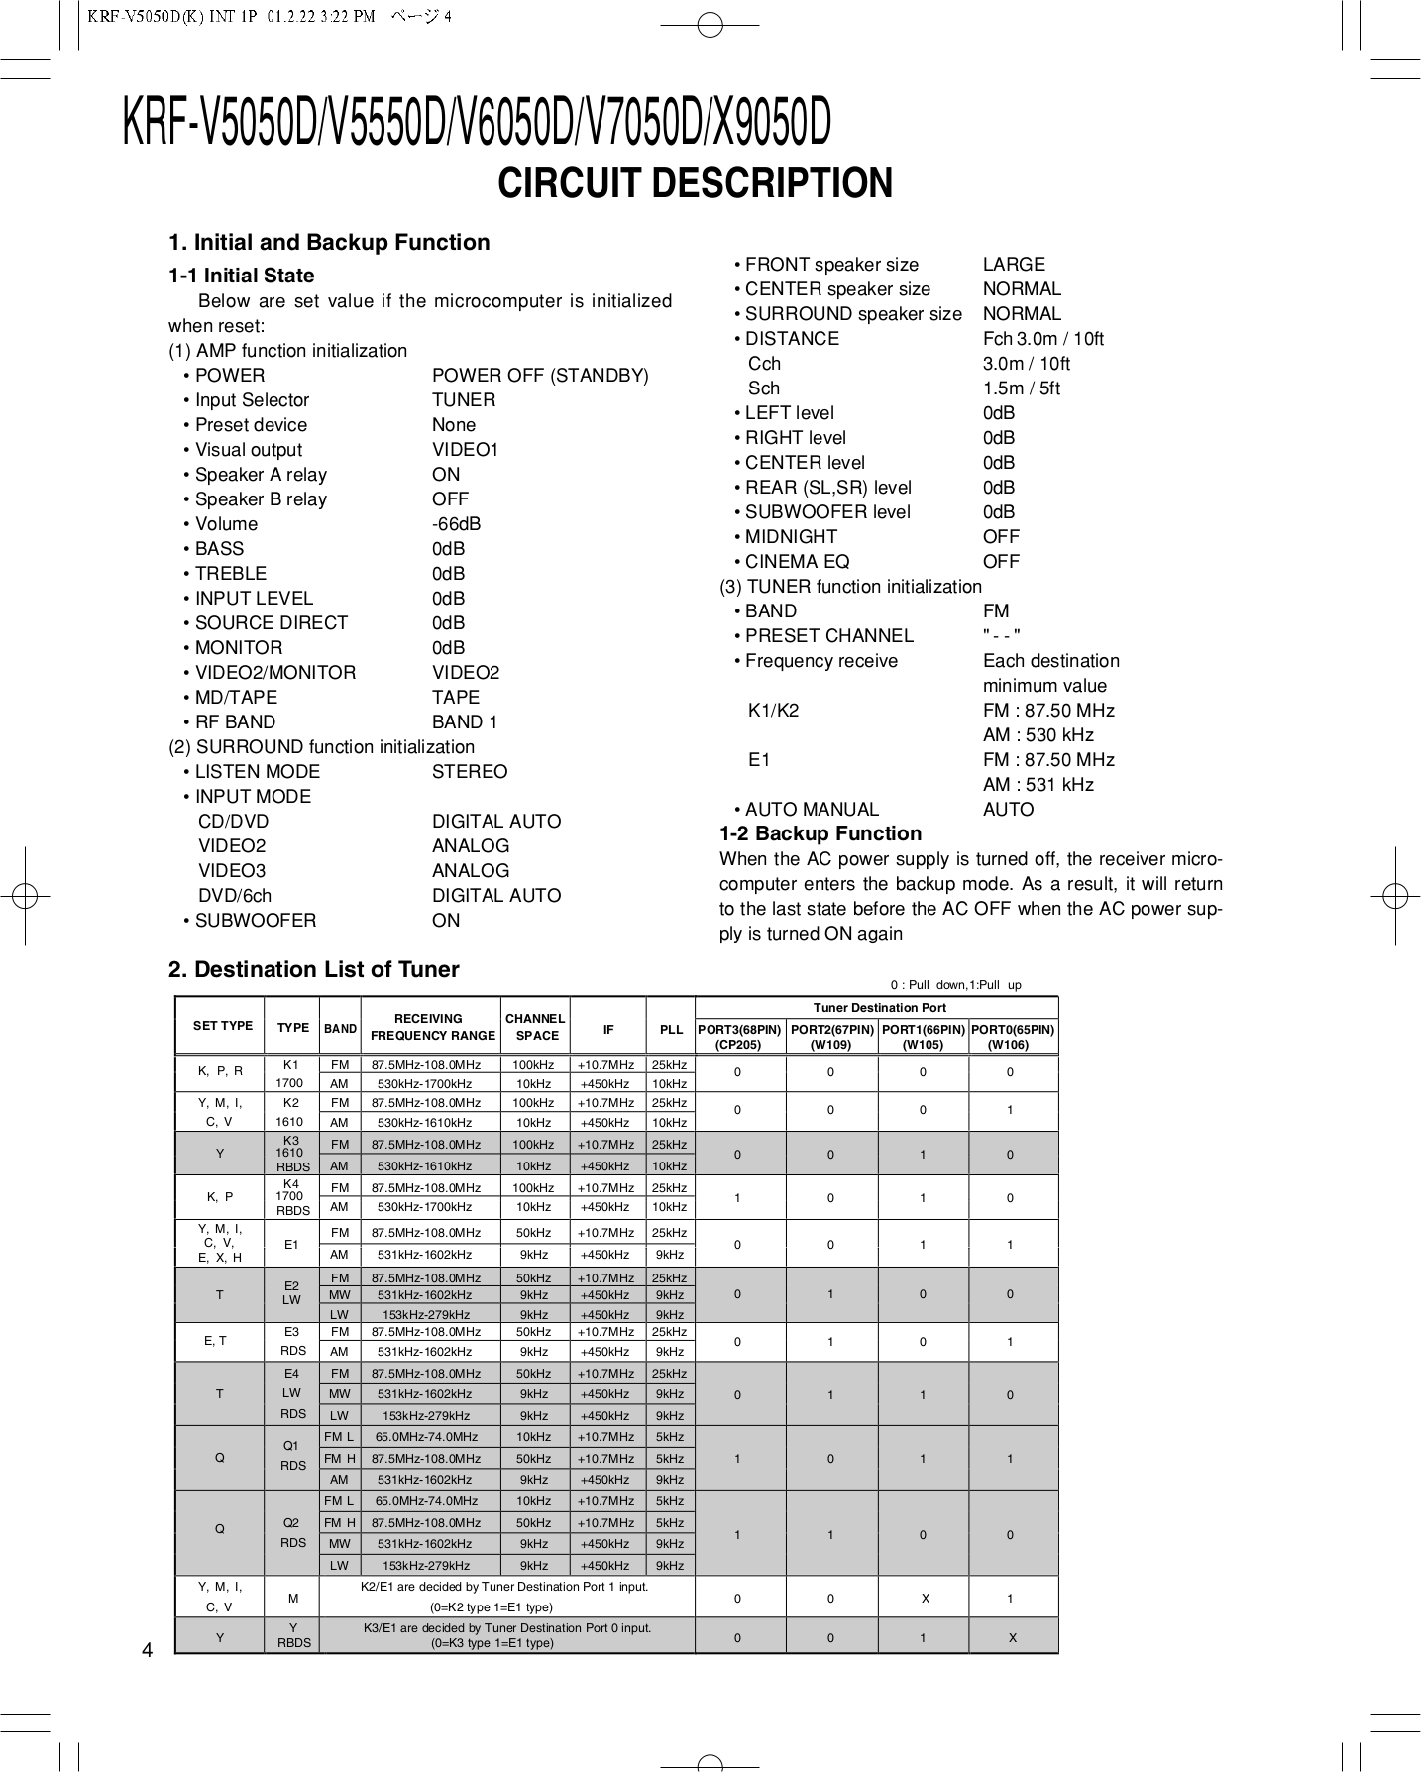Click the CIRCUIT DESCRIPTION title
click(695, 184)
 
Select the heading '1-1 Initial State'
click(241, 276)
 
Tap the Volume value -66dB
click(456, 524)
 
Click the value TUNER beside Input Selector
click(464, 400)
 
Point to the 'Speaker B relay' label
click(261, 499)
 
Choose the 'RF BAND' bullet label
click(235, 722)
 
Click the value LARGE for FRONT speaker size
click(1014, 265)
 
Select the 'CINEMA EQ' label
click(797, 562)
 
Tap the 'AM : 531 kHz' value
click(1038, 785)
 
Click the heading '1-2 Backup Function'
click(820, 833)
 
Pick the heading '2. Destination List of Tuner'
click(314, 970)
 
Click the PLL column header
click(671, 1030)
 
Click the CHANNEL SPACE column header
click(535, 1027)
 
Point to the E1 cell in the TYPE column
click(291, 1244)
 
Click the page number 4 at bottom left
click(147, 1650)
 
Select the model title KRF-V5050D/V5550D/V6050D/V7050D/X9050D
click(476, 123)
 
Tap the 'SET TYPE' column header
click(223, 1026)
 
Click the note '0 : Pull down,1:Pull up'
click(955, 985)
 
